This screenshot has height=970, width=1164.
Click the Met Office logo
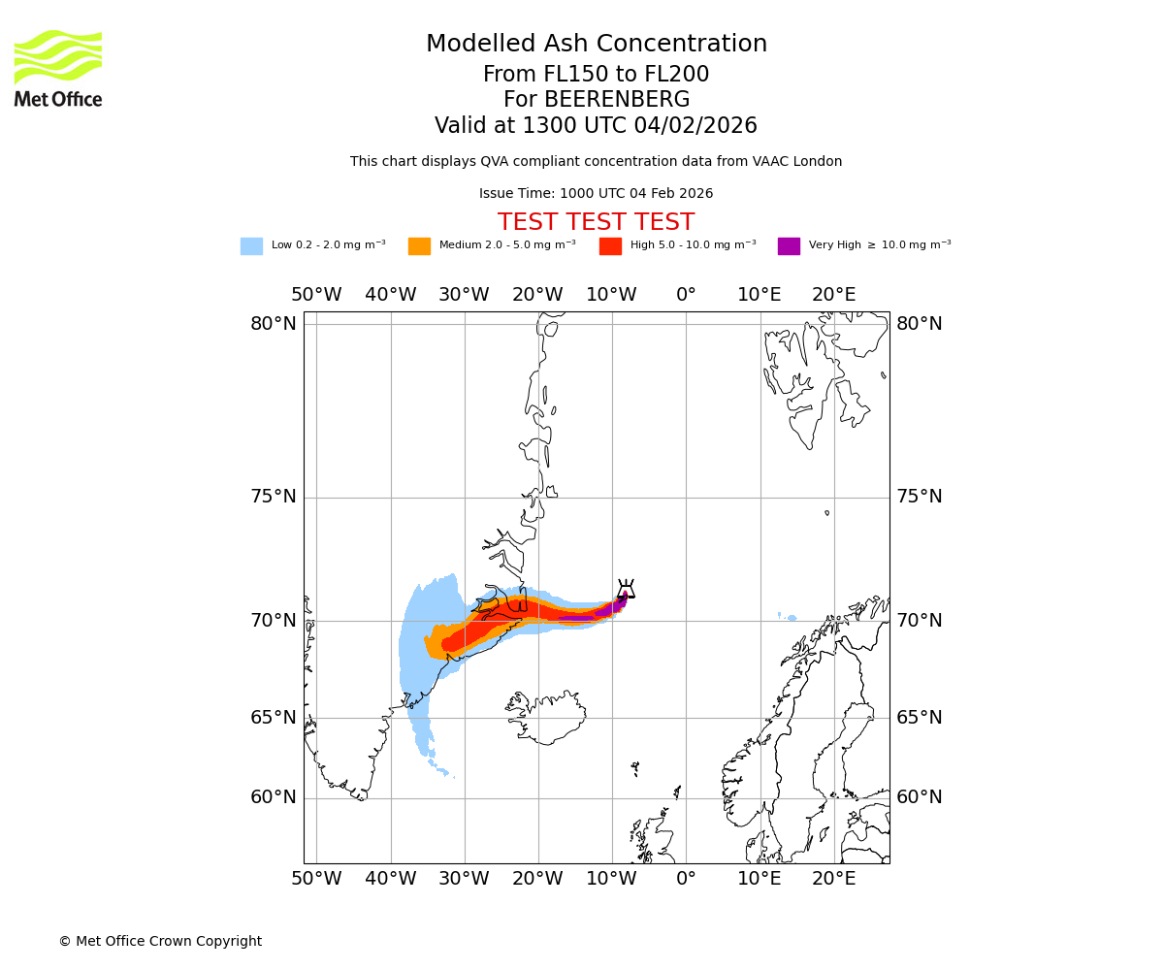pos(58,68)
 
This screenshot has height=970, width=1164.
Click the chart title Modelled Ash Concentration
pos(597,45)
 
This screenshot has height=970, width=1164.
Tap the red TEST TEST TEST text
pos(596,223)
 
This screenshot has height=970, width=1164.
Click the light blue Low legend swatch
pos(251,246)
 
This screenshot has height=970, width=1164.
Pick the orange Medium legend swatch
pos(419,246)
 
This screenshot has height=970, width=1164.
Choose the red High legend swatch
pos(610,246)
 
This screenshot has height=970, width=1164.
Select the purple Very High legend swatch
pos(789,246)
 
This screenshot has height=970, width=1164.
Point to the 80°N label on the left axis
pos(274,324)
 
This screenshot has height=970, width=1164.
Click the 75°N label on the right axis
pos(919,497)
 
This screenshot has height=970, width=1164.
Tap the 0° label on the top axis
pos(686,295)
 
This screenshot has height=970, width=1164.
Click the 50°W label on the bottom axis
pos(316,879)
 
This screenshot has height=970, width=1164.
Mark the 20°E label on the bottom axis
pos(833,879)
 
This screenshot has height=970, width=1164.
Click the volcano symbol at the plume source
pos(626,590)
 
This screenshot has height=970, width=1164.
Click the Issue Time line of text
pos(596,194)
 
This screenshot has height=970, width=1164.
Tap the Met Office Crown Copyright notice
pos(160,942)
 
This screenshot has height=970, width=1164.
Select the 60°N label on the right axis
pos(919,797)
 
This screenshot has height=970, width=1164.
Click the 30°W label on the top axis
pos(464,295)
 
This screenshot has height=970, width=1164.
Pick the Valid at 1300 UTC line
pos(596,126)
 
